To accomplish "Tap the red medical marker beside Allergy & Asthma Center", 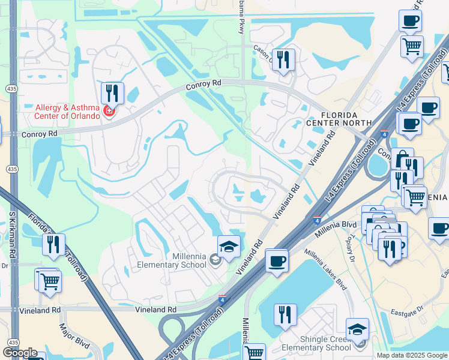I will (109, 111).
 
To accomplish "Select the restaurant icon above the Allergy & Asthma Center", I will (112, 93).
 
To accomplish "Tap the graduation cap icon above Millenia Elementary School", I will (229, 247).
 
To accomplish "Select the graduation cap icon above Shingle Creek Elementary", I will (358, 329).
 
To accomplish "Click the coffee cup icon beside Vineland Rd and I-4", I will (277, 261).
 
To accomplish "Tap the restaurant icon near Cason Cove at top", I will (284, 59).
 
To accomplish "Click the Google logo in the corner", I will (20, 353).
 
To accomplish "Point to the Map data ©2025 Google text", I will (411, 355).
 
